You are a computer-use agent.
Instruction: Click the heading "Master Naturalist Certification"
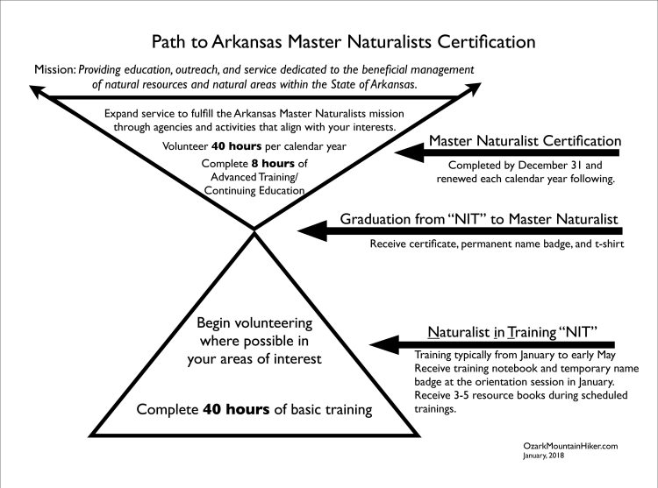[525, 140]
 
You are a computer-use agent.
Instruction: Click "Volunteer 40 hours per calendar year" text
[254, 147]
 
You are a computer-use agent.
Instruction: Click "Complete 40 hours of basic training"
[255, 409]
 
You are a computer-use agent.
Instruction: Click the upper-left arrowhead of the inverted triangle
[37, 87]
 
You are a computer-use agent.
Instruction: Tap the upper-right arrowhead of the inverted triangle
[472, 87]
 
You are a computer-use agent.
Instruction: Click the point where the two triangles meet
[254, 230]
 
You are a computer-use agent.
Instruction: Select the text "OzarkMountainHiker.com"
[569, 446]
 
